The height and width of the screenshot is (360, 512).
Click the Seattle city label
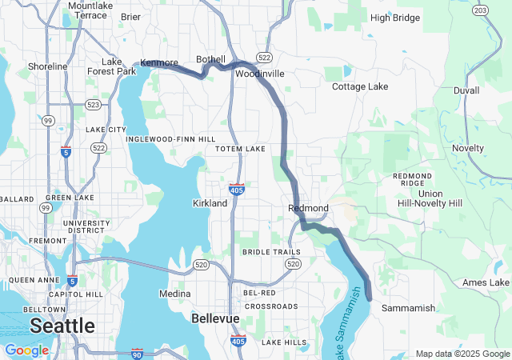click(62, 326)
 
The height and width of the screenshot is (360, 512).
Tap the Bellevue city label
click(215, 318)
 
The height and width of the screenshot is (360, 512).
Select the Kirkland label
click(210, 203)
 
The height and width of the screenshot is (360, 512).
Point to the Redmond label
click(308, 208)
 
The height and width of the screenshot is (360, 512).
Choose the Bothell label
click(211, 60)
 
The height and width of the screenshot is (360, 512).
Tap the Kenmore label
click(158, 62)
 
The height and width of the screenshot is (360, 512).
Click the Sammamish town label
click(408, 308)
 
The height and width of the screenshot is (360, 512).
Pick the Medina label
click(175, 294)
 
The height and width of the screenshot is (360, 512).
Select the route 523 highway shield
click(92, 104)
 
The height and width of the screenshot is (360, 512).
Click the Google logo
click(26, 350)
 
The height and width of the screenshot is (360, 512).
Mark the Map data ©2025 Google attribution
click(462, 354)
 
